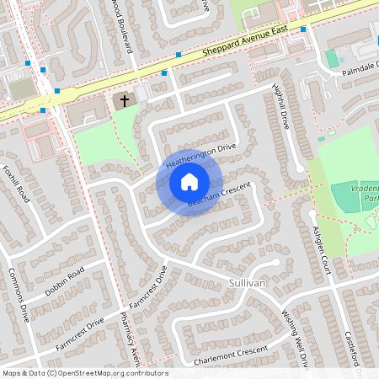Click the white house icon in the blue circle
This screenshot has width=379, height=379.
tap(189, 182)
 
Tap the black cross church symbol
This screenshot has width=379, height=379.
tap(125, 101)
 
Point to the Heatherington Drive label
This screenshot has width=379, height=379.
tap(201, 152)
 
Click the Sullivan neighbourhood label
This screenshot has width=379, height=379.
tap(247, 285)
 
